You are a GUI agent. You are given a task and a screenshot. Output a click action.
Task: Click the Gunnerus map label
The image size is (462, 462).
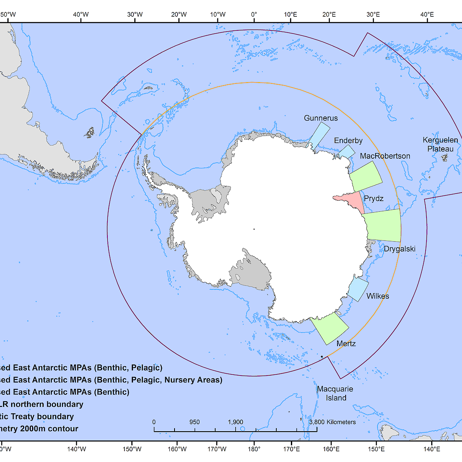[321, 118]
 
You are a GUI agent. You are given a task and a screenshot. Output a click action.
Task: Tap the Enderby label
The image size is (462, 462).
[348, 140]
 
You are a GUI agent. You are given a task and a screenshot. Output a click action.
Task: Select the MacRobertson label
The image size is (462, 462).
[385, 156]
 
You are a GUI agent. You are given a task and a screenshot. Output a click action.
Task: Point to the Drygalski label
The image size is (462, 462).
[399, 249]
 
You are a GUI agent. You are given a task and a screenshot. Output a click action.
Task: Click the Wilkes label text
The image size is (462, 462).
[378, 296]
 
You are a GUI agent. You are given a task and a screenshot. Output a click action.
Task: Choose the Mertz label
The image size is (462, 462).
[346, 344]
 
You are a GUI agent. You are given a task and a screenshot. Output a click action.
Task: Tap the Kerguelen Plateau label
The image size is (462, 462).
[440, 145]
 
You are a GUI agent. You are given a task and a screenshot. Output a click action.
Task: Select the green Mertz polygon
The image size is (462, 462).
[330, 329]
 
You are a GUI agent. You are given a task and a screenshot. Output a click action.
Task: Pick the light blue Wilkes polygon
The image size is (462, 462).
[358, 289]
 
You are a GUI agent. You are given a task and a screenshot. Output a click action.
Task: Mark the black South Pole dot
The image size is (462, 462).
[254, 229]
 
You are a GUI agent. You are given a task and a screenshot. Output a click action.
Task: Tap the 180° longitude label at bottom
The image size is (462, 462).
[254, 449]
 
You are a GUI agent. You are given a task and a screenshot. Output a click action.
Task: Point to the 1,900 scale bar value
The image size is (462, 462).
[235, 422]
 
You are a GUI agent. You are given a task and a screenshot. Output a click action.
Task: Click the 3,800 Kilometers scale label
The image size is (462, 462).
[332, 422]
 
